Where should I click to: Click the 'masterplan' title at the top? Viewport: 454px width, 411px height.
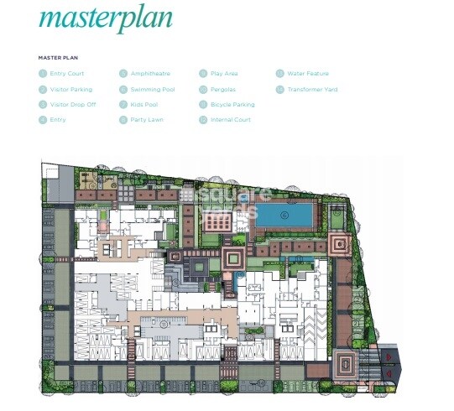105,18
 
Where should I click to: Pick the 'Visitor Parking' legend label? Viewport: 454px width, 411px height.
71,89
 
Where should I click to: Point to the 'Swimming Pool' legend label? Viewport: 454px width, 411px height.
152,89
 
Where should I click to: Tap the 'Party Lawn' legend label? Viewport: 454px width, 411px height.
147,120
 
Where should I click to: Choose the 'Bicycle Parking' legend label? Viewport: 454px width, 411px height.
232,105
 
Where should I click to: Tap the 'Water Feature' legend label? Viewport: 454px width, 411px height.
308,74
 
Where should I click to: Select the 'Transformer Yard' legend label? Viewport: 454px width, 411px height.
312,89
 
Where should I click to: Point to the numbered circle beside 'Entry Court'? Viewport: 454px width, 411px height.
42,74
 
